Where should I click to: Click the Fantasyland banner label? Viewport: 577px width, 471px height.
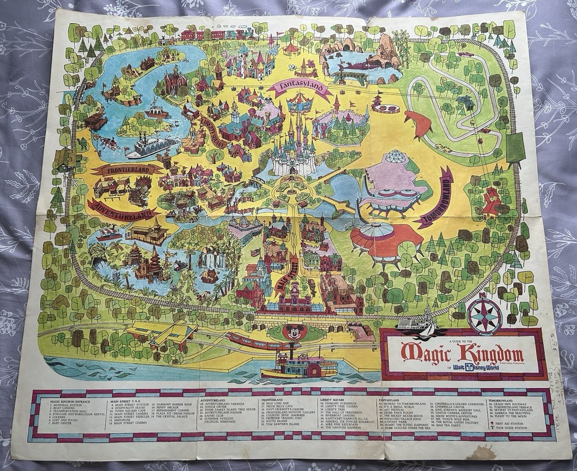tap(294, 88)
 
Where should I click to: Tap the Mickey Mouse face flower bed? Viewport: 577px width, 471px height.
tap(294, 332)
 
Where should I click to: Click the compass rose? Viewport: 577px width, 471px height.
tap(484, 316)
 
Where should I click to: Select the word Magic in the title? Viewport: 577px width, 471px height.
tap(425, 351)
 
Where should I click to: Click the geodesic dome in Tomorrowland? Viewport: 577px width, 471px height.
tap(398, 157)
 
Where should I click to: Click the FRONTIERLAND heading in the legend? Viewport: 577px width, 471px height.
tap(271, 399)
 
